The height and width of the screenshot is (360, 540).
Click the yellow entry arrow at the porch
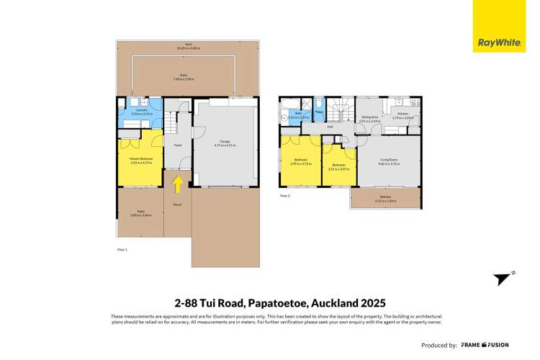pos(177,184)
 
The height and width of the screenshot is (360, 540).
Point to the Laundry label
pos(139,112)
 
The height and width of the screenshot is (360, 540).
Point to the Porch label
pos(177,205)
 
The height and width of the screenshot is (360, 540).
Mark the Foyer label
pos(177,144)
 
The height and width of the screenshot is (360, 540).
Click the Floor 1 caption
pos(122,249)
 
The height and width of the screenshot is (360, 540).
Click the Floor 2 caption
pos(285,195)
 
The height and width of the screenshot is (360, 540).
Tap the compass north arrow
pos(503,279)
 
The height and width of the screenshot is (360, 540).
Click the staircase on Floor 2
pos(338,110)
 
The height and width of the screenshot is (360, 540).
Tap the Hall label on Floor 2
pos(330,127)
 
